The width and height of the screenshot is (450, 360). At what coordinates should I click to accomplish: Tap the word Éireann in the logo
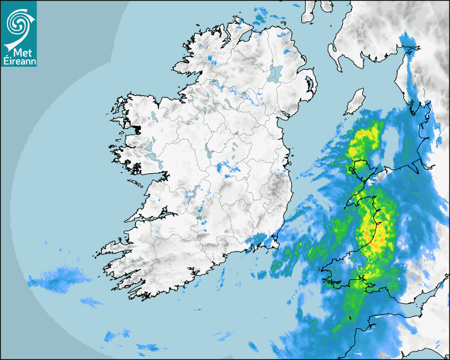[x=19, y=61]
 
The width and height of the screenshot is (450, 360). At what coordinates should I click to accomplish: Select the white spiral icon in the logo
[x=18, y=24]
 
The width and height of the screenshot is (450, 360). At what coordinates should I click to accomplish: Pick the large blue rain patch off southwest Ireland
[x=58, y=278]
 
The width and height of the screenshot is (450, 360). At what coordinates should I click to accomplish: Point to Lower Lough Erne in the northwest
[x=214, y=83]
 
